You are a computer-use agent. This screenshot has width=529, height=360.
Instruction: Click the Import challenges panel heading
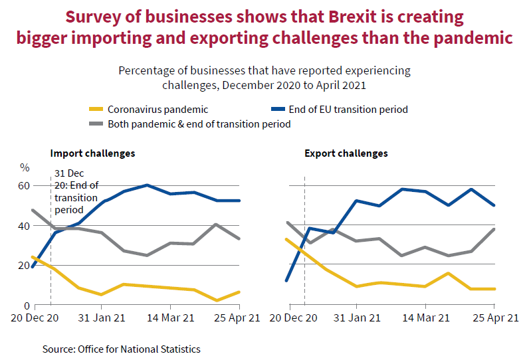[92, 153]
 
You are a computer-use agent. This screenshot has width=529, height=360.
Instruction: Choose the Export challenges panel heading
[346, 153]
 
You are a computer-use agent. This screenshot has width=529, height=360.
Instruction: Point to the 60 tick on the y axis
[23, 185]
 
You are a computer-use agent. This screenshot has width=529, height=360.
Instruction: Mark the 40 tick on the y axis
[23, 226]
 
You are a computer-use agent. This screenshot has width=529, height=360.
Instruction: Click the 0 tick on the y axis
[26, 306]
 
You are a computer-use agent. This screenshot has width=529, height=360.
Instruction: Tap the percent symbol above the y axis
[25, 167]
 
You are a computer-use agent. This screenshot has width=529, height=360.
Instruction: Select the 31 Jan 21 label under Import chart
[100, 318]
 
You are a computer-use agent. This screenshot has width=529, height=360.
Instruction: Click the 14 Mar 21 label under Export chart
[424, 318]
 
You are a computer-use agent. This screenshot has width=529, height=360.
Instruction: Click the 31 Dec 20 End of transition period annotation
[76, 191]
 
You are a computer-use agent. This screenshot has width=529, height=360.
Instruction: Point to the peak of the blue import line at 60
[147, 185]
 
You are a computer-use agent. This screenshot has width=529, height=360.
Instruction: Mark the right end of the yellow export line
[494, 289]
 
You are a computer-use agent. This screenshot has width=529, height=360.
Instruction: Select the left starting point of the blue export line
[286, 280]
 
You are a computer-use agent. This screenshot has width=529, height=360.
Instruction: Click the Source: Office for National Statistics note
[121, 349]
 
